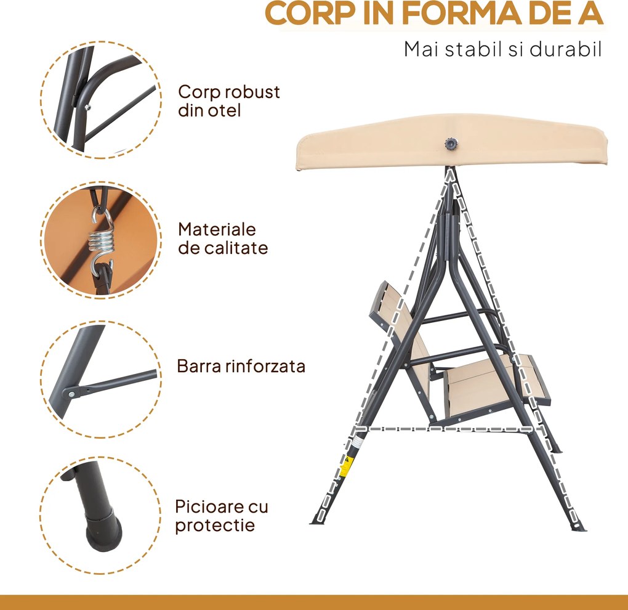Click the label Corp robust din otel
[x=228, y=101]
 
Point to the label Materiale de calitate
[x=223, y=239]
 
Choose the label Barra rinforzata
[x=241, y=367]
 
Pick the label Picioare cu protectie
[x=222, y=516]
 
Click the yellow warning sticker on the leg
[x=344, y=466]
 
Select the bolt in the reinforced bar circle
[x=71, y=394]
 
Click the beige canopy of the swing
[x=451, y=143]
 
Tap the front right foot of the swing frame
[x=578, y=524]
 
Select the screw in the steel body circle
[x=87, y=107]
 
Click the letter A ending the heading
[x=591, y=13]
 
